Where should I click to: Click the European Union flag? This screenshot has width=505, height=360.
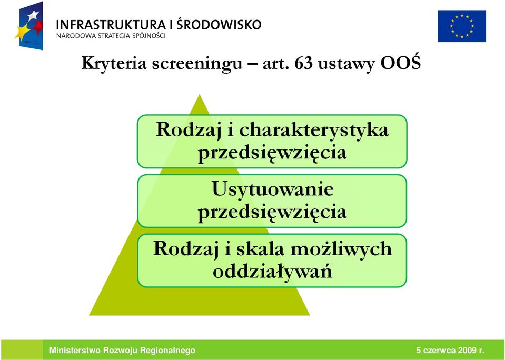coord(462,26)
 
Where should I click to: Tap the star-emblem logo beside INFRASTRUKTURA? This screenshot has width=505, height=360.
coord(28,26)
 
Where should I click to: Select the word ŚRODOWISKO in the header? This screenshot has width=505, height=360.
coord(219,24)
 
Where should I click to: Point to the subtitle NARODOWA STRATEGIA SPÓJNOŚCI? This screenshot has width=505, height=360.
coord(111,36)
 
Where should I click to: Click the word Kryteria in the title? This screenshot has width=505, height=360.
coord(114,64)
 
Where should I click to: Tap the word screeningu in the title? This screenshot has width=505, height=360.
coord(197,64)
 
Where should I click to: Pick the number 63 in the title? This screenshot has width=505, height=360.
coord(303,63)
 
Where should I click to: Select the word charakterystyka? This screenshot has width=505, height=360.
coord(314,131)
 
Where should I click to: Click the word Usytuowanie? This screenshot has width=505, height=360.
coord(272,189)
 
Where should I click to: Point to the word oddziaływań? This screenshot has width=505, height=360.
coord(272,271)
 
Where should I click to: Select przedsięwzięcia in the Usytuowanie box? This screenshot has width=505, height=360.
coord(272,212)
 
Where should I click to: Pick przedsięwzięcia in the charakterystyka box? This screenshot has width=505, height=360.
coord(272,153)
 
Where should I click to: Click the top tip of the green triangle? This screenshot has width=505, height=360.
coord(200,95)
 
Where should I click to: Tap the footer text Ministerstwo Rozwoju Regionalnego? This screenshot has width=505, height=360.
coord(122,351)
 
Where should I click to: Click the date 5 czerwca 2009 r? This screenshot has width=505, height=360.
coord(450,351)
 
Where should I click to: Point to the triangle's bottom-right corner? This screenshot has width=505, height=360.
coord(310,315)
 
